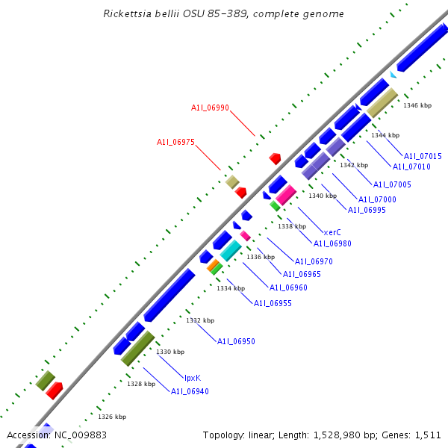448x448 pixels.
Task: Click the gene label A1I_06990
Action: (210, 108)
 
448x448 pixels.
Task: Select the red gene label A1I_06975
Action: (175, 143)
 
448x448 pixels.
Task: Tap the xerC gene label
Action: (332, 232)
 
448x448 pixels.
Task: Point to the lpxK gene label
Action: (192, 378)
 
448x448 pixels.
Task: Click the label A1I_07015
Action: (423, 156)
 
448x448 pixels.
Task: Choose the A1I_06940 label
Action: (190, 391)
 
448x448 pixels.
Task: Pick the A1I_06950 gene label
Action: (236, 341)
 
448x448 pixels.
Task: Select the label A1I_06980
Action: (332, 243)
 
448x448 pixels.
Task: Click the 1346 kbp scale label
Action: (417, 105)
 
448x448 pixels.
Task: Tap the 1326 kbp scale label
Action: (112, 417)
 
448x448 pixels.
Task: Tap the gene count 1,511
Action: (428, 435)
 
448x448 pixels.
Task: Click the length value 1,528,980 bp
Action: (344, 435)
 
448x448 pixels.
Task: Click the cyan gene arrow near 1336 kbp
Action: (231, 250)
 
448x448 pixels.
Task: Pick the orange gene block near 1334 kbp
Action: (213, 265)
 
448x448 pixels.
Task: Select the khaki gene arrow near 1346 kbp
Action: (382, 102)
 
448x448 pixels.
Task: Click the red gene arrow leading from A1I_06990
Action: (275, 158)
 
